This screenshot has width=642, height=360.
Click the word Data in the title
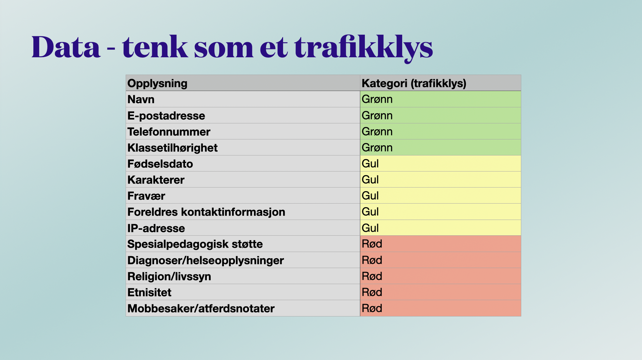point(66,47)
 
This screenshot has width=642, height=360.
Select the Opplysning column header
point(157,83)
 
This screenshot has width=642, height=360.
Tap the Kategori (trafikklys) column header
point(414,83)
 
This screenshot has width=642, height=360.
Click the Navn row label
point(141,99)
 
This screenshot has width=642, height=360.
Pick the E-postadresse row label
point(166,116)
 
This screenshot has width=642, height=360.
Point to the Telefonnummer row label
point(169,132)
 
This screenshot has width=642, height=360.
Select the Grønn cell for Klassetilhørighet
point(377,148)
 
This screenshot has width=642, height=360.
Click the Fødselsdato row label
point(160,164)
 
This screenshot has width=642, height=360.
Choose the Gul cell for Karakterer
point(370,180)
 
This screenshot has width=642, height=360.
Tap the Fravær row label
point(146,196)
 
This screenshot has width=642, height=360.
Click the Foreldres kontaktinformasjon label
point(206,212)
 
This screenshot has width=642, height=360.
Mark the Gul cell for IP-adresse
point(370,228)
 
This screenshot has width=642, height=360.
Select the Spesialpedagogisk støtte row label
point(195,244)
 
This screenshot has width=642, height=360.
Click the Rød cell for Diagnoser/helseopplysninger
point(372,260)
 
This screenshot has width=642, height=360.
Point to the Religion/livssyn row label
point(169,276)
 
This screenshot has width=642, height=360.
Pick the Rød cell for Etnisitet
point(372,292)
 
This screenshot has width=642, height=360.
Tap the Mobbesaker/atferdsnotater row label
point(201,308)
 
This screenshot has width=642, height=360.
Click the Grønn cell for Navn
point(377,99)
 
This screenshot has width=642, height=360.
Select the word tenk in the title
point(154,47)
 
